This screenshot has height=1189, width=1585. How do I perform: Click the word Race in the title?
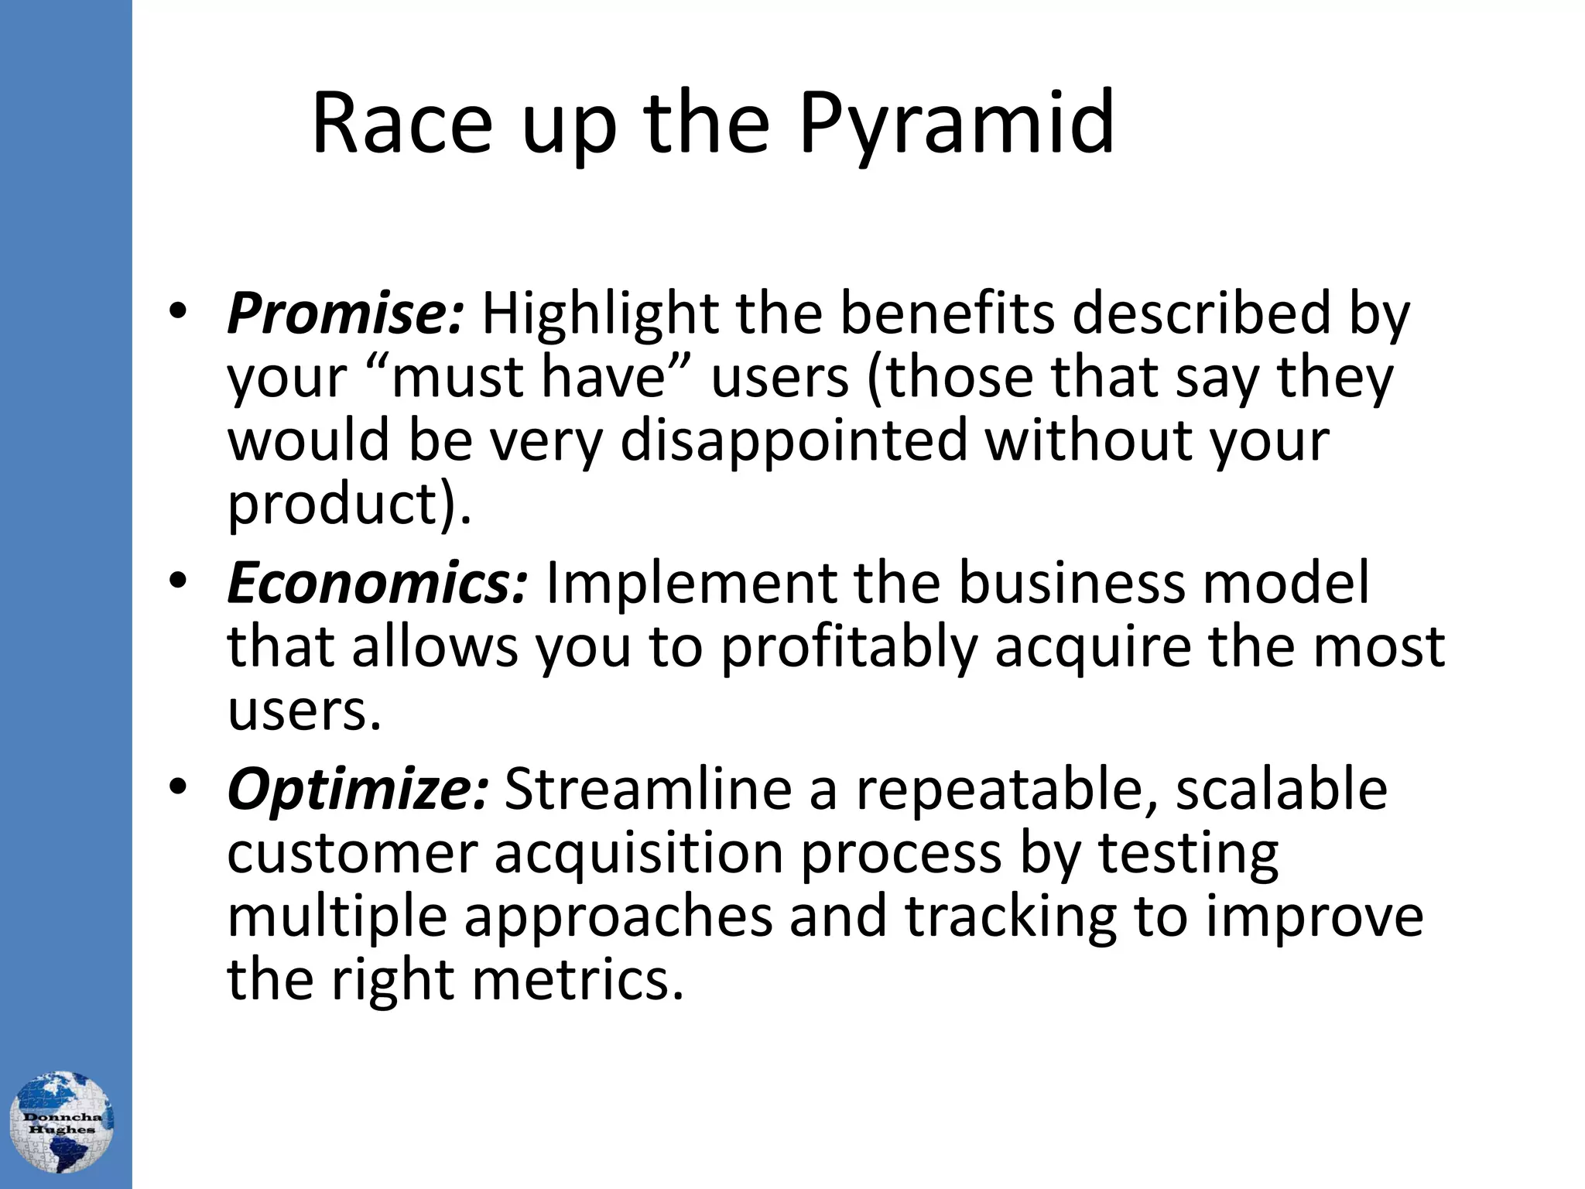pos(402,124)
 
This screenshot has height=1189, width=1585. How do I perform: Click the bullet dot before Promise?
pos(177,312)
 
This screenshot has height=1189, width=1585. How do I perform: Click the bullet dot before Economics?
pos(177,580)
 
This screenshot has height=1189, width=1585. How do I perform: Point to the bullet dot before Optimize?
pos(177,787)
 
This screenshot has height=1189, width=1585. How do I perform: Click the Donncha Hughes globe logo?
pos(62,1122)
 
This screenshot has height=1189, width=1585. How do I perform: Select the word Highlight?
pos(600,314)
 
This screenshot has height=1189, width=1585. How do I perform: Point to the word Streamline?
pos(649,790)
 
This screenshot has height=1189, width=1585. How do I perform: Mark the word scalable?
pos(1281,790)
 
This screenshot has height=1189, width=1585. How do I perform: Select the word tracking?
pos(1011,917)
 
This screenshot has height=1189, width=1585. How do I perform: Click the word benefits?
pos(947,314)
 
